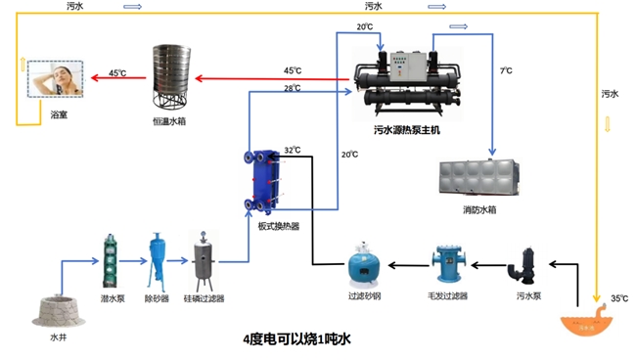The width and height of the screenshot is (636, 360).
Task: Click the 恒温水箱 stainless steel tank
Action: (x=171, y=76)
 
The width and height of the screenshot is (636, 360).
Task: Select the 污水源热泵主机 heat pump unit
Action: (x=406, y=79)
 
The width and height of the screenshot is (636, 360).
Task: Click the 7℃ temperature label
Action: (x=505, y=71)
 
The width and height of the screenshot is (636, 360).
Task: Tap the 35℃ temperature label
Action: (x=618, y=297)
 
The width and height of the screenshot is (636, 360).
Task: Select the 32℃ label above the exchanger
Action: (x=292, y=150)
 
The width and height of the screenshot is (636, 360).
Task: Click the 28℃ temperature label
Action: (x=292, y=88)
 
